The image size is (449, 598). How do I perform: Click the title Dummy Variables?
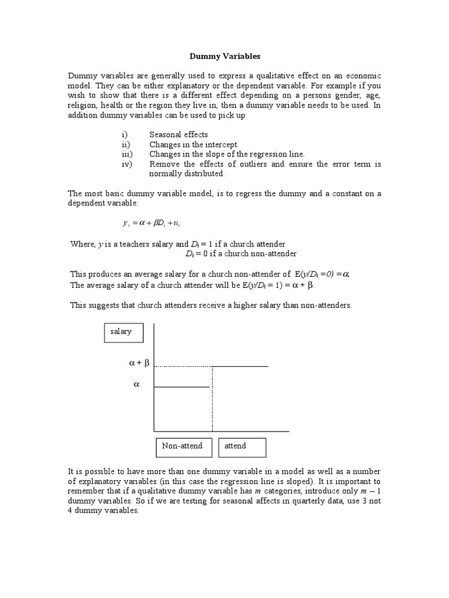coord(224,57)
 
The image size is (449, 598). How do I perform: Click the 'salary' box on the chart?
coord(121,332)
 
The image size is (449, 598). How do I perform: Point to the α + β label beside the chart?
coord(139,363)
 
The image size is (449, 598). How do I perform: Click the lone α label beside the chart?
coord(137,384)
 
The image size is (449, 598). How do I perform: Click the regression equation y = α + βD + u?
coord(156,222)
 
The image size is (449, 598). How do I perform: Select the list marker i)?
coord(125,134)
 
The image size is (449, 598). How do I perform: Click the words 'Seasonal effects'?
coord(178,134)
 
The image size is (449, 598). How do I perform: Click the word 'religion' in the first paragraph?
coord(82,106)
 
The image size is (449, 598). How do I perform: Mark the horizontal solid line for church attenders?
coord(240,366)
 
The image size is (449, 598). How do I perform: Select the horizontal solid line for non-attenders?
coord(181,387)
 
